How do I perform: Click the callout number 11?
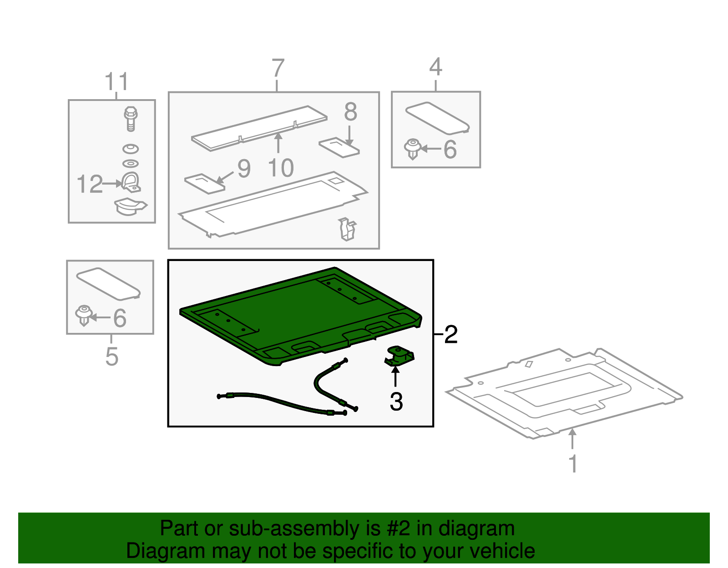[x=116, y=81]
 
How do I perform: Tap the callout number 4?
[x=435, y=66]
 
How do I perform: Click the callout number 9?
[x=244, y=169]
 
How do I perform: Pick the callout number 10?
[x=281, y=168]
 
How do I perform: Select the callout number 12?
[x=90, y=184]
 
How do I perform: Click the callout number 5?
[x=112, y=357]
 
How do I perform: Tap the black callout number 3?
[x=396, y=402]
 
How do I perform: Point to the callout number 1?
[x=573, y=463]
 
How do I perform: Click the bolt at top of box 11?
[x=131, y=119]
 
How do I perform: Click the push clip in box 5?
[x=84, y=315]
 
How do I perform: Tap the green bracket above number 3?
[x=399, y=356]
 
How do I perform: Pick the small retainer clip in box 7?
[x=347, y=229]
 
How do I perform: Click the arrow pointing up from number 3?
[x=395, y=377]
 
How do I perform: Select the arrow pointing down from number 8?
[x=349, y=136]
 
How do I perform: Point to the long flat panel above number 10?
[x=259, y=128]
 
